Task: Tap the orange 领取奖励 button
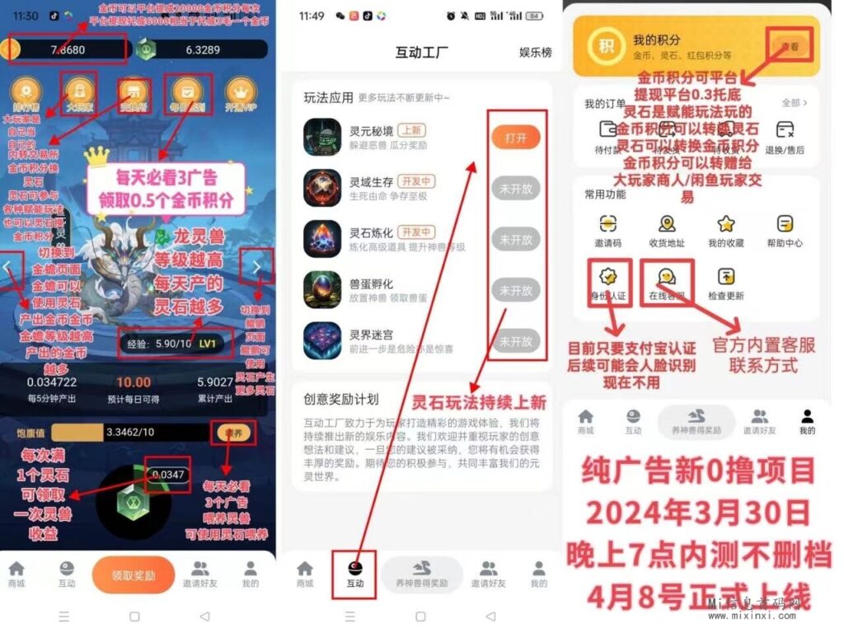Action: coord(134,574)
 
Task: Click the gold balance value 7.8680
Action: coord(67,49)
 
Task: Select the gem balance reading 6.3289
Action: coord(202,49)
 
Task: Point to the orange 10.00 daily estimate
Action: coord(133,382)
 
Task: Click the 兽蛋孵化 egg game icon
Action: coord(321,288)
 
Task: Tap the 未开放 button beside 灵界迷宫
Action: coord(516,341)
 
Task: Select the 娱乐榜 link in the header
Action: coord(535,53)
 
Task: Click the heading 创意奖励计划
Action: coord(340,400)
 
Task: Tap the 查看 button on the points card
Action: coord(789,47)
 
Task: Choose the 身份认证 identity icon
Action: coord(607,277)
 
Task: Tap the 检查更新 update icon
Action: coord(726,277)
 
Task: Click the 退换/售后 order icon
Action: coord(785,130)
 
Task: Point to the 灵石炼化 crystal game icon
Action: coord(321,238)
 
